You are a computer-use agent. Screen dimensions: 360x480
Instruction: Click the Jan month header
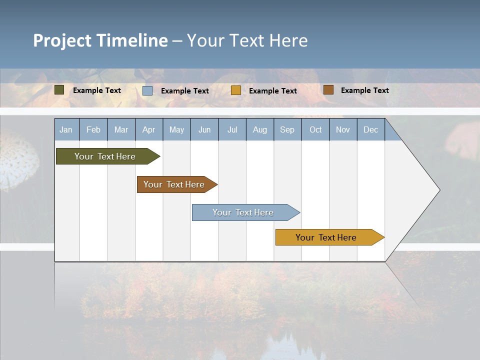(x=66, y=129)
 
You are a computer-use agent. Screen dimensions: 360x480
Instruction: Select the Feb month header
(x=93, y=129)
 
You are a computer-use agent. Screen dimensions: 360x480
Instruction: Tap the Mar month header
(x=121, y=129)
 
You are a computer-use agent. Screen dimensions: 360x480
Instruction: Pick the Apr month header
(x=149, y=129)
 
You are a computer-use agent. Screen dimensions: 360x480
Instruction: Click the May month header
(x=176, y=129)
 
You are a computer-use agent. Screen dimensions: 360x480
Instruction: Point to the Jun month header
(x=204, y=129)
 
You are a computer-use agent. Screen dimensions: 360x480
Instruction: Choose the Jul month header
(x=232, y=129)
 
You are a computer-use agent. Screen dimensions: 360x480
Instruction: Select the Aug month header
(x=260, y=129)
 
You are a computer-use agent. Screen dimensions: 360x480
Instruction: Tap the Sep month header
(x=287, y=129)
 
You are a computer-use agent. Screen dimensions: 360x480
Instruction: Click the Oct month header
(x=315, y=129)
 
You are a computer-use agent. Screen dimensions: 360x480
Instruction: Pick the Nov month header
(x=343, y=129)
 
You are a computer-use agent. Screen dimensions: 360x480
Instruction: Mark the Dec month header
(x=371, y=129)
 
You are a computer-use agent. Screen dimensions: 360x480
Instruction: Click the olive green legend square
(x=59, y=90)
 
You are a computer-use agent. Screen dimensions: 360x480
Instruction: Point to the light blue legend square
(x=147, y=90)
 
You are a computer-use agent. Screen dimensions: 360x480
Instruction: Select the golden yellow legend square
(x=236, y=90)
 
